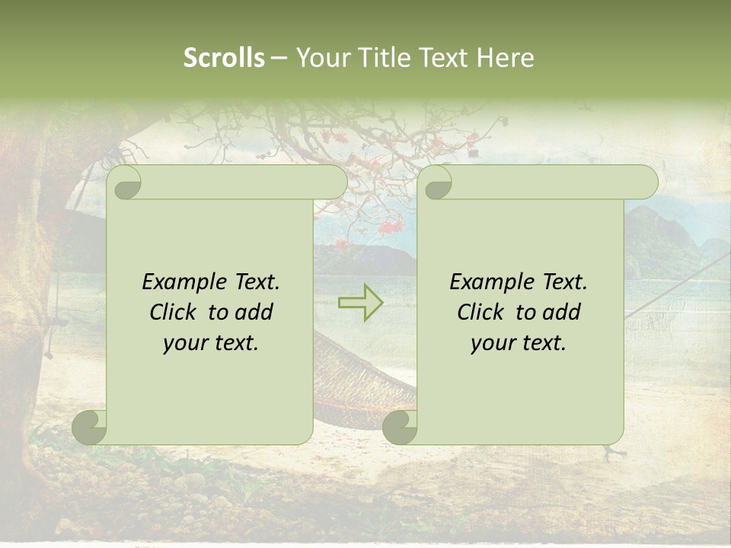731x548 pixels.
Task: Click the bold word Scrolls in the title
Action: [x=224, y=58]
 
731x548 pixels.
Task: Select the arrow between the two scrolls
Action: [x=361, y=303]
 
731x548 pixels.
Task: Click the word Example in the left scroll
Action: [x=183, y=282]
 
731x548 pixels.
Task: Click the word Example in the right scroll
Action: [x=490, y=282]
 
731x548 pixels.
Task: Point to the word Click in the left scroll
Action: [x=176, y=312]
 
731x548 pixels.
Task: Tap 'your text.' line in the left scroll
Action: [x=210, y=342]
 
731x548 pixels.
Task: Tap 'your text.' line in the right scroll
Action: [x=518, y=342]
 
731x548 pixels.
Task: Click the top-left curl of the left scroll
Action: [x=124, y=183]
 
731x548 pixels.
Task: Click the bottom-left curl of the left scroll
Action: [x=90, y=427]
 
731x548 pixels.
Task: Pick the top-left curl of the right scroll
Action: [x=436, y=183]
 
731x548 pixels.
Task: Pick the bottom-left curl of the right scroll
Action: [x=400, y=427]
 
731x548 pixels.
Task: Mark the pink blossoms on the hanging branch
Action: [x=390, y=227]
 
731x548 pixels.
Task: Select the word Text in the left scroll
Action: [x=255, y=282]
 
